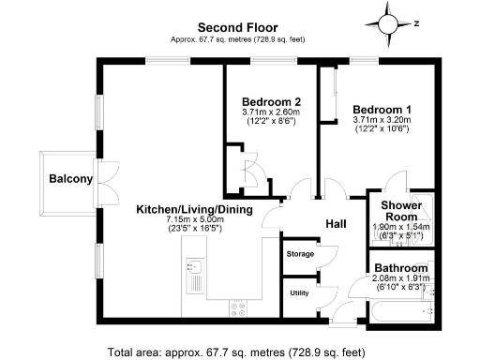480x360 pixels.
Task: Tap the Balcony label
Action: pos(71,179)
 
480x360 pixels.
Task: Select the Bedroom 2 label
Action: pos(271,102)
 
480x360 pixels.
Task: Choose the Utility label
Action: pos(298,293)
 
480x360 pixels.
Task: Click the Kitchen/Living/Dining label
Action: pos(194,210)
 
